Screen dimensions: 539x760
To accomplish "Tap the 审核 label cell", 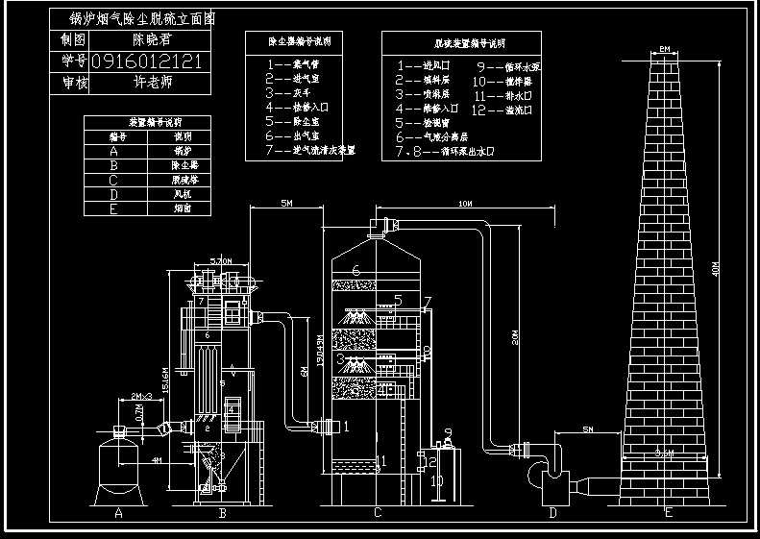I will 75,84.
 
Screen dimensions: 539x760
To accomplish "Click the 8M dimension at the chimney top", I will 664,48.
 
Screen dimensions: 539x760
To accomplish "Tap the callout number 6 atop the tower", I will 355,271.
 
